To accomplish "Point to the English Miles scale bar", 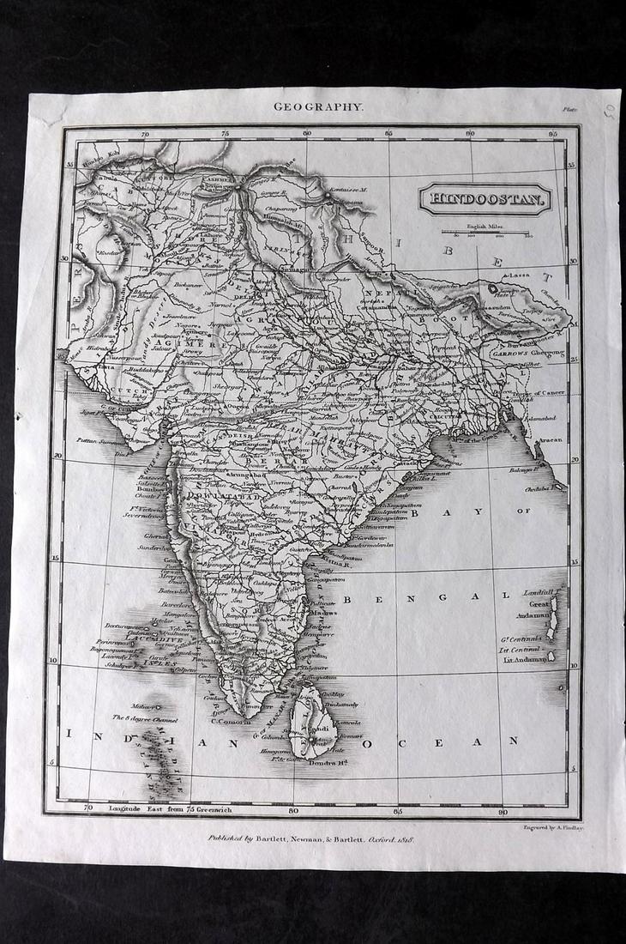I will tap(487, 233).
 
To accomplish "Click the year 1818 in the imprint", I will tap(403, 837).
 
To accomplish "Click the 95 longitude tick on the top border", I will tap(552, 134).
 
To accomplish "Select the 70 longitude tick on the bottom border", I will tap(88, 808).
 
